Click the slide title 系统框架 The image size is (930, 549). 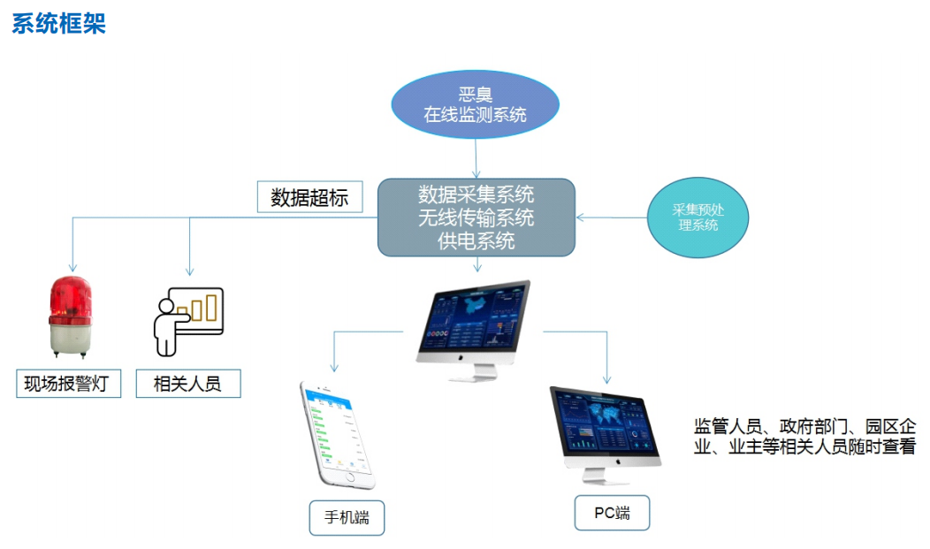[x=58, y=23]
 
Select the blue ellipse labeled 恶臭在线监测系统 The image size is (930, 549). [x=476, y=104]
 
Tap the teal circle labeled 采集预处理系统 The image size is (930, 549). [x=697, y=217]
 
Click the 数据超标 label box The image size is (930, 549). [x=309, y=196]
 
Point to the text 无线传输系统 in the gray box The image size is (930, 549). [x=476, y=217]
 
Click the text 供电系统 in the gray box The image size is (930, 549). [x=476, y=240]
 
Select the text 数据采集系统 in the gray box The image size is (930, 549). [x=476, y=194]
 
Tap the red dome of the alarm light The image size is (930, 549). [x=71, y=297]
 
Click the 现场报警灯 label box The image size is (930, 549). [x=68, y=385]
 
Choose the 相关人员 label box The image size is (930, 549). [x=188, y=385]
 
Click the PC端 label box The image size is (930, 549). [x=612, y=513]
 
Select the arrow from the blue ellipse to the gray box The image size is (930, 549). [x=476, y=159]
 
